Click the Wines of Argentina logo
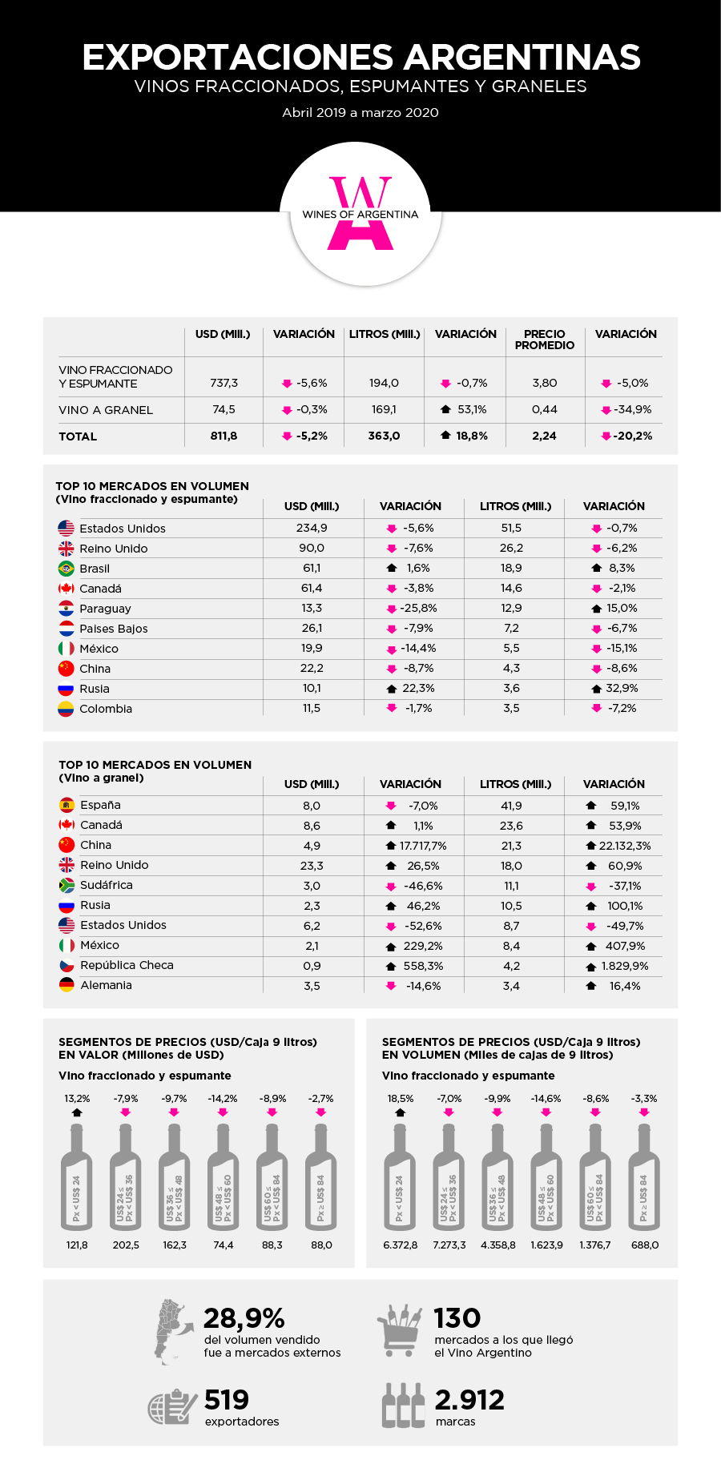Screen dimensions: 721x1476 (360, 214)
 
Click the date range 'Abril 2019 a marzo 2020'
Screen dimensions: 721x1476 (360, 113)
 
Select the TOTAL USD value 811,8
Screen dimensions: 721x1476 (224, 436)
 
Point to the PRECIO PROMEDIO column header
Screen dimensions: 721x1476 (545, 340)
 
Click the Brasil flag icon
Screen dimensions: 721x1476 (66, 569)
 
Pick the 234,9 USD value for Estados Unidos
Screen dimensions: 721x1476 (312, 528)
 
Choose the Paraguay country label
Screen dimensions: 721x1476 (105, 609)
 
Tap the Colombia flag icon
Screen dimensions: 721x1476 (66, 709)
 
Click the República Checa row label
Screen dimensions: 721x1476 (127, 965)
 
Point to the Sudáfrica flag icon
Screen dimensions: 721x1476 (67, 885)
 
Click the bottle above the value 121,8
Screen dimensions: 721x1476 (77, 1176)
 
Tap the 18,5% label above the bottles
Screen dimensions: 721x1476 (401, 1099)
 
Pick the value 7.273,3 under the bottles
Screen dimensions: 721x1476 (449, 1245)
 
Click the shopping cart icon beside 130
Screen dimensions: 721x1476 (399, 1330)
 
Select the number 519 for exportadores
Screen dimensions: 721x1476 (227, 1400)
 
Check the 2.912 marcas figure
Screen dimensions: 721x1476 (469, 1400)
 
